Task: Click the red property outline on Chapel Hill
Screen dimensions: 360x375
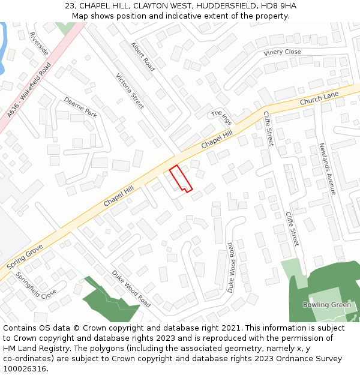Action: tap(179, 179)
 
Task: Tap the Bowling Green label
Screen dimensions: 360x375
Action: tap(327, 305)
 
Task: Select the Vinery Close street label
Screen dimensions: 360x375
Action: tap(282, 53)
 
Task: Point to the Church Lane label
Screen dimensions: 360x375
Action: tap(319, 98)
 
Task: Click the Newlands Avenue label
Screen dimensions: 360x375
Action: tap(327, 169)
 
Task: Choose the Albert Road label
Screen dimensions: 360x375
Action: tap(143, 57)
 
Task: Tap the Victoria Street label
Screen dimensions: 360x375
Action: tap(130, 91)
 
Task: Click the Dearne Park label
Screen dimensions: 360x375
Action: tap(80, 108)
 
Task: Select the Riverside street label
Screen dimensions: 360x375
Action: tap(39, 44)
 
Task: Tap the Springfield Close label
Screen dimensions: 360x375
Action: tap(36, 286)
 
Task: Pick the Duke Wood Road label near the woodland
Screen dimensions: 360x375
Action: tap(131, 289)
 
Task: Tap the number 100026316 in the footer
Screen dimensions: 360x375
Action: tap(25, 368)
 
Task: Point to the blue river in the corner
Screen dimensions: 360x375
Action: tap(4, 48)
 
